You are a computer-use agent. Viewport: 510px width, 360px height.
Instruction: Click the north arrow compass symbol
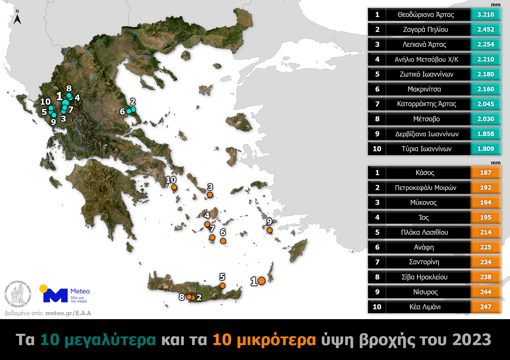(17, 18)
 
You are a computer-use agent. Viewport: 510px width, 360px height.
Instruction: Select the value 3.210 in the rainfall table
(485, 15)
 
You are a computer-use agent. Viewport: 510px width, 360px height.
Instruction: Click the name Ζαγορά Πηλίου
(425, 30)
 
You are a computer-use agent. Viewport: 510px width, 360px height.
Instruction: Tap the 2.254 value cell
(485, 44)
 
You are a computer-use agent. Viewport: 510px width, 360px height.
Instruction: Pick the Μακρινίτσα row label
(424, 89)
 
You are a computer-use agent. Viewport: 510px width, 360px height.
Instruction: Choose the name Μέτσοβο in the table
(426, 119)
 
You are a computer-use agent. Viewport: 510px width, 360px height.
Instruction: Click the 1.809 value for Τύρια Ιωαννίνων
(485, 149)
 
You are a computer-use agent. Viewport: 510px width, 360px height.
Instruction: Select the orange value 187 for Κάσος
(485, 173)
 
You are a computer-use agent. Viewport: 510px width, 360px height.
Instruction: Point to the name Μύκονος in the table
(423, 203)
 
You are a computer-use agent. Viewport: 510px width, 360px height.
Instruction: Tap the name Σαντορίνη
(424, 262)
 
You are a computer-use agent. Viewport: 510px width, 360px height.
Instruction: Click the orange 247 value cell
(485, 307)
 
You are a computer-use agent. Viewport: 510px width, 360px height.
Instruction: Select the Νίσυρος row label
(425, 292)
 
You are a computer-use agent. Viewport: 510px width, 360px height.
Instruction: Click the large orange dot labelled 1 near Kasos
(262, 281)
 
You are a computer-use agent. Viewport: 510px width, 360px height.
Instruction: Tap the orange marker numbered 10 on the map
(174, 187)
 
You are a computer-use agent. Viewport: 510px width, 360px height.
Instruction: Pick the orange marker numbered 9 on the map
(270, 230)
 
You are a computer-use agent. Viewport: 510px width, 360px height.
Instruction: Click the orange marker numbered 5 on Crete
(222, 286)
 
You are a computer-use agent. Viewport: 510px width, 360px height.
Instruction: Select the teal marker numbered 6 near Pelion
(129, 111)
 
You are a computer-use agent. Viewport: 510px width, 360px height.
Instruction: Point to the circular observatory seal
(18, 294)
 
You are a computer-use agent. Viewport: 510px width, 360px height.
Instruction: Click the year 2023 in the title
(472, 340)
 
